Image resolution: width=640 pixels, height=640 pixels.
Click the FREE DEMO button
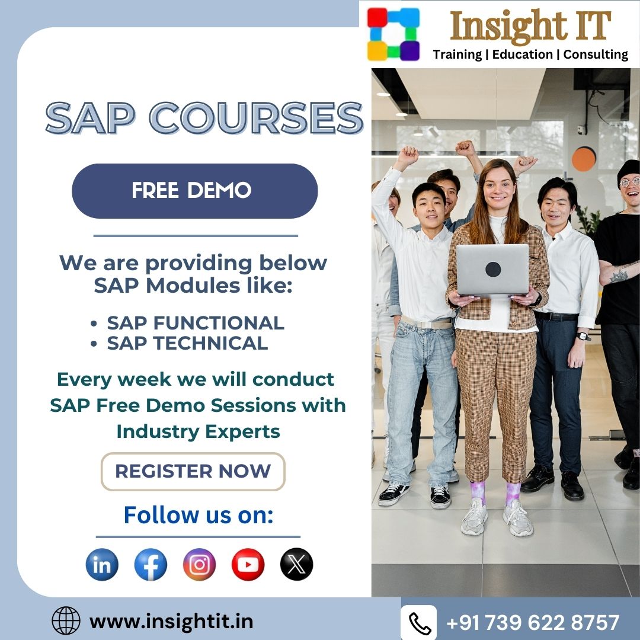[x=194, y=191]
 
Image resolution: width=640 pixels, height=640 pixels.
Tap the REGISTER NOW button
[x=193, y=471]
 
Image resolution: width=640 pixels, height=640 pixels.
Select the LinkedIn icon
[x=102, y=564]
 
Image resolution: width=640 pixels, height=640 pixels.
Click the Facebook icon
[x=151, y=564]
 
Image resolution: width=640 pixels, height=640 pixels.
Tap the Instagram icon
[x=199, y=564]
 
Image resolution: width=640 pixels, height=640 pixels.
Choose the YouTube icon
[x=248, y=564]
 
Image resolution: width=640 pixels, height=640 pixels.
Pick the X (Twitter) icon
[x=296, y=564]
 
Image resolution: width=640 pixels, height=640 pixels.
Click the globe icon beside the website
[x=66, y=621]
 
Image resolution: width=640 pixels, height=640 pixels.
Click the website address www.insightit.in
[x=171, y=621]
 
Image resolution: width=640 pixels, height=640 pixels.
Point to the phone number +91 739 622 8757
[x=533, y=623]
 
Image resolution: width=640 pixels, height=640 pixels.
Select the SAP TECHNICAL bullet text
[x=187, y=343]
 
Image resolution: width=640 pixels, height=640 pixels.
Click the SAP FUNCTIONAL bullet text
[x=196, y=323]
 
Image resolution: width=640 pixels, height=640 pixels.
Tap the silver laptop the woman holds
[x=492, y=270]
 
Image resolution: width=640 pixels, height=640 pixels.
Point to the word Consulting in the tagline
[x=595, y=55]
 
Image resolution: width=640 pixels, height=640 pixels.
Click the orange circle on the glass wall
[x=584, y=158]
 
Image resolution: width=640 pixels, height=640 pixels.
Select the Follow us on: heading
[x=198, y=514]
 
